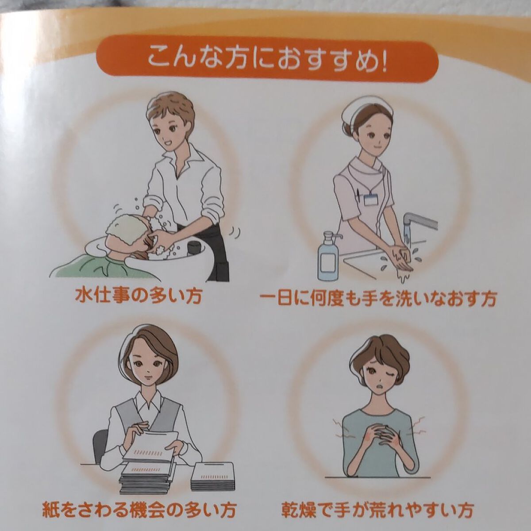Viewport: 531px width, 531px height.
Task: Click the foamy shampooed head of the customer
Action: click(x=122, y=230)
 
